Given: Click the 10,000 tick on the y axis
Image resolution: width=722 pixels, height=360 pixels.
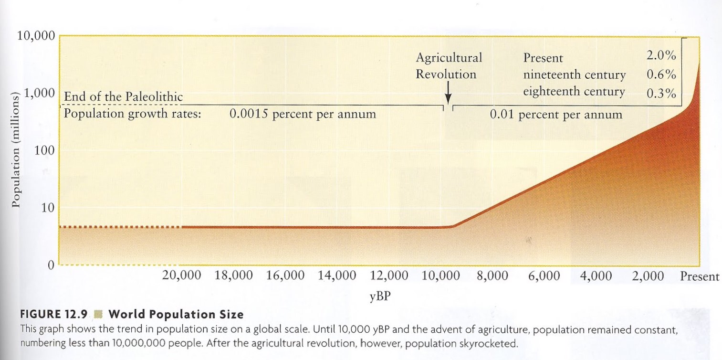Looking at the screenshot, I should (x=36, y=36).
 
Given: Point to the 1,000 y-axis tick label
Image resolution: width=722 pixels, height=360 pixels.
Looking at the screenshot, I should (x=40, y=94).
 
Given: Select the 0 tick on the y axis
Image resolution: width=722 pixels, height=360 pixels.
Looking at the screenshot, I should (x=50, y=266).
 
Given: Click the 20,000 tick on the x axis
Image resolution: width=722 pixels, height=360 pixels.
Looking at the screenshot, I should (x=182, y=276).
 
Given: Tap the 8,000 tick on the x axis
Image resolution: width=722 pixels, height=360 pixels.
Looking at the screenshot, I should (x=492, y=276).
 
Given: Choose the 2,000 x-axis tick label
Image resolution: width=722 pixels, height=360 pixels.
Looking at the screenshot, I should (x=648, y=276).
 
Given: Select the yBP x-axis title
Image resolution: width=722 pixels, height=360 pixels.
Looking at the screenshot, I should (x=380, y=296).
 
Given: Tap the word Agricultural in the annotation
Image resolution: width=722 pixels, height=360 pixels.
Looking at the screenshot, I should (x=449, y=58).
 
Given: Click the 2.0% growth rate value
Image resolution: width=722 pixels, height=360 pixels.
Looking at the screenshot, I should (x=661, y=55).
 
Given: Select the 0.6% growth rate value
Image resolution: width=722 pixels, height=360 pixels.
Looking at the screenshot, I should (x=661, y=74).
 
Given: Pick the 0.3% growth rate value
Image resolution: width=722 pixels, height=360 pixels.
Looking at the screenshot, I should (x=661, y=93).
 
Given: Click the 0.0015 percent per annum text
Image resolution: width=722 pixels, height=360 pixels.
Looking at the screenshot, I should (x=303, y=115).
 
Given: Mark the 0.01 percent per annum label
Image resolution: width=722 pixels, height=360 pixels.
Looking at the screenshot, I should (x=556, y=115).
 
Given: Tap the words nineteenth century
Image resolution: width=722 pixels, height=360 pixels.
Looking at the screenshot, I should (x=574, y=75).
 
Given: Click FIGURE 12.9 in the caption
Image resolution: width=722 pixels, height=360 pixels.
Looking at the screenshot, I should (x=53, y=315).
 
